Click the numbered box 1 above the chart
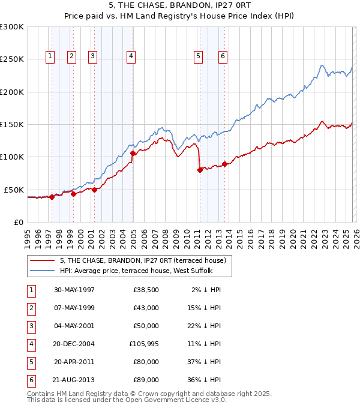50,56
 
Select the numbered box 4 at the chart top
130,56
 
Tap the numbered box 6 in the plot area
223,56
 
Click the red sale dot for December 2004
133,154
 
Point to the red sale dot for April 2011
200,170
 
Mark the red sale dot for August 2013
224,164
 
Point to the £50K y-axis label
14,190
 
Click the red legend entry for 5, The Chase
142,260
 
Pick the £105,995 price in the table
144,344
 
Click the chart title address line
180,5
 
